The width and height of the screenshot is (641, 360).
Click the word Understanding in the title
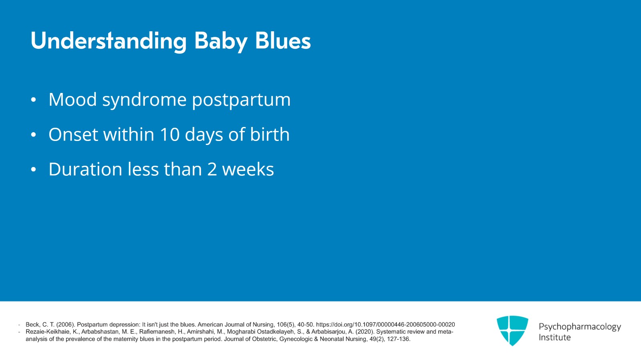109,41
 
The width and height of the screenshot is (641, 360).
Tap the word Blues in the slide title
282,41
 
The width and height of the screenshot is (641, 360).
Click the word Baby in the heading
220,41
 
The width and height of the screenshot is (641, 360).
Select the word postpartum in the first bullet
241,100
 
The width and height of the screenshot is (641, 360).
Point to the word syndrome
144,100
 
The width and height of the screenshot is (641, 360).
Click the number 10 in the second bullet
169,135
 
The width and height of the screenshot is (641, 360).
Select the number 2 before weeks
212,169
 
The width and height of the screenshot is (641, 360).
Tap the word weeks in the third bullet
248,169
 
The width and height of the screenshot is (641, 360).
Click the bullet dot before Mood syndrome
34,100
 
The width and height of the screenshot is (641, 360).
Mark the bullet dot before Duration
34,170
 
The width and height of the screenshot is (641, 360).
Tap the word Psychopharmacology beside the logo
579,327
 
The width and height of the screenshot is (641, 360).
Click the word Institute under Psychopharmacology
554,338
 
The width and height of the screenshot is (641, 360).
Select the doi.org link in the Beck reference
385,325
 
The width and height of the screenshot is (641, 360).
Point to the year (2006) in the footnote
65,325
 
